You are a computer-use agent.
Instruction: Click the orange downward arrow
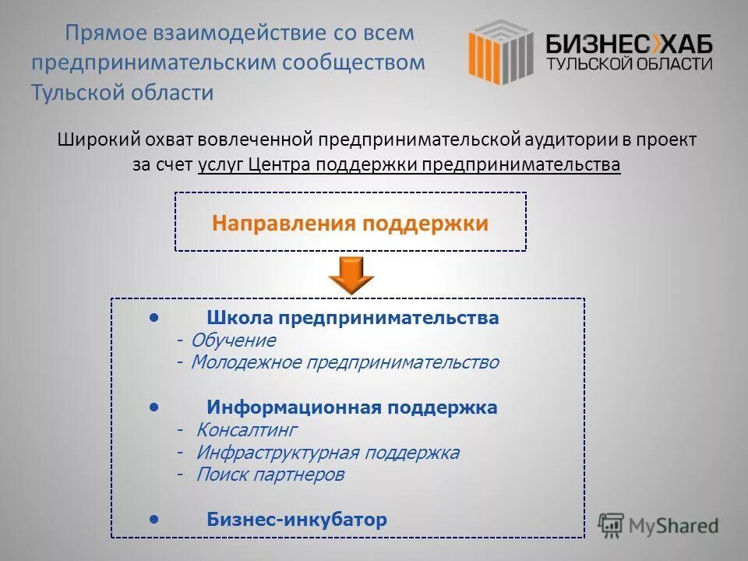click(x=351, y=274)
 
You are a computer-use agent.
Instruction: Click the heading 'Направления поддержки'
click(x=350, y=224)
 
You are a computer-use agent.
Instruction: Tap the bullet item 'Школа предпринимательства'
click(x=352, y=318)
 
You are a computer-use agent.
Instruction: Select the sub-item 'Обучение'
click(x=233, y=340)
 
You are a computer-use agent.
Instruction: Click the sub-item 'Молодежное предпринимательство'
click(x=344, y=362)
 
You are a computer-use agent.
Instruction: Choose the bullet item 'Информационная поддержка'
click(x=351, y=408)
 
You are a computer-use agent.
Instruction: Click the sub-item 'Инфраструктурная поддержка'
click(x=327, y=453)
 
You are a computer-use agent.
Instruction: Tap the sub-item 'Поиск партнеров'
click(x=270, y=475)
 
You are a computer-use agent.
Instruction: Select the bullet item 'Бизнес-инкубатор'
click(x=296, y=520)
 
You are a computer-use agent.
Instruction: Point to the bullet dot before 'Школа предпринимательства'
click(x=156, y=316)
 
